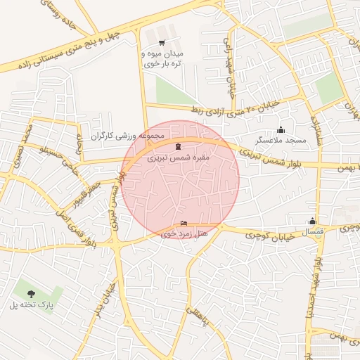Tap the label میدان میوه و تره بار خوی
162,59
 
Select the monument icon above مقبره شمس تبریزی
176,147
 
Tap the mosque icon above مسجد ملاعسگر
281,129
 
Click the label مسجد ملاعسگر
281,141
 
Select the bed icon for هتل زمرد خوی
184,224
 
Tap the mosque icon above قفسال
311,219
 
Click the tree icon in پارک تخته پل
30,293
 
